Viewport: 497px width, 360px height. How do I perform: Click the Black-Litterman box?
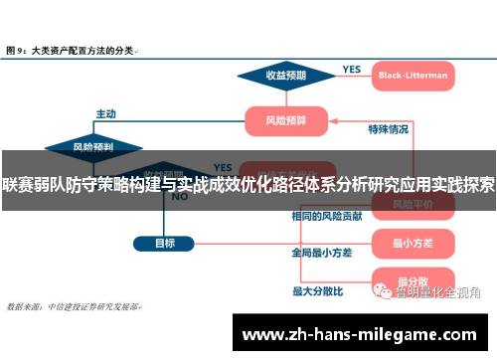(x=413, y=74)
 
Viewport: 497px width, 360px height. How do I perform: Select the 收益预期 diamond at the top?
(x=284, y=74)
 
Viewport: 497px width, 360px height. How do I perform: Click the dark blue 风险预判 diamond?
(x=92, y=146)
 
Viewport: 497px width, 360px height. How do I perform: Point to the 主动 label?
(x=106, y=113)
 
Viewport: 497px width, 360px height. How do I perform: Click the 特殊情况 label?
(x=388, y=129)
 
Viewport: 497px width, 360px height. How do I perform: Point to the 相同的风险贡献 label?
(x=320, y=216)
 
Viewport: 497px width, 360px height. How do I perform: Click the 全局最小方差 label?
(x=319, y=253)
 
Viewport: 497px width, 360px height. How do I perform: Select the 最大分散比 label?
(x=317, y=291)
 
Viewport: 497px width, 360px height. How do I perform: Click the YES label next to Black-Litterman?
(x=351, y=69)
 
